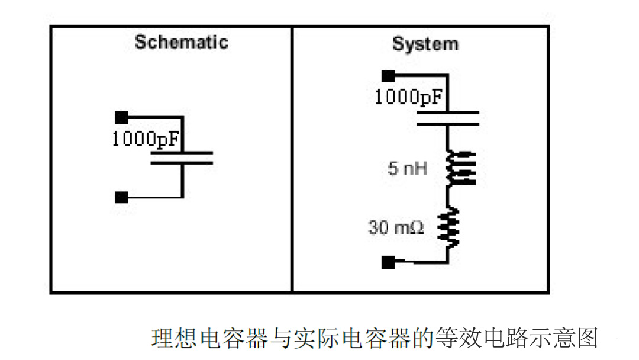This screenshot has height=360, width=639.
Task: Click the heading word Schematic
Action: [x=181, y=42]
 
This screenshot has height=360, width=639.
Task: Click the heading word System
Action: [x=425, y=44]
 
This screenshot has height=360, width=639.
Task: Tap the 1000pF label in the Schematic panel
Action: [x=146, y=140]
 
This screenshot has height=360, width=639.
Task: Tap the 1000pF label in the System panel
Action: [x=408, y=97]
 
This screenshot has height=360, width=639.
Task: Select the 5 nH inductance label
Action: [x=408, y=169]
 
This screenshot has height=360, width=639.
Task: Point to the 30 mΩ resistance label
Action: [x=396, y=227]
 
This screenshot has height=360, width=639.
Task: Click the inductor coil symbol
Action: [x=460, y=168]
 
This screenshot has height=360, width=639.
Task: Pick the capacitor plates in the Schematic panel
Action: [x=182, y=157]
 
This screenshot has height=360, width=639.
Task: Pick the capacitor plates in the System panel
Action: [x=448, y=118]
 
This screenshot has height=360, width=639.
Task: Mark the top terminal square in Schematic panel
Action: [x=122, y=117]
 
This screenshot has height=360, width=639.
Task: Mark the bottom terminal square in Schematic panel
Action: [x=122, y=197]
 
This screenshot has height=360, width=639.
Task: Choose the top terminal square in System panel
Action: [x=388, y=75]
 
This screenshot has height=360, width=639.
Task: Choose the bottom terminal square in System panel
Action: [x=388, y=262]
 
